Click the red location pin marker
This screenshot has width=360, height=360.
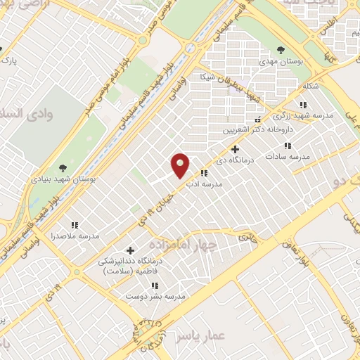click(181, 165)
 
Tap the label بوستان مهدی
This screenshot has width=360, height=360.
click(280, 63)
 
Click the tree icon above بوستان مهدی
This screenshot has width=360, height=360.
click(281, 50)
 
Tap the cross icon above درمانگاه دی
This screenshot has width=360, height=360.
click(235, 148)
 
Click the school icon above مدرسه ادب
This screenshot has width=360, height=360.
click(204, 173)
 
